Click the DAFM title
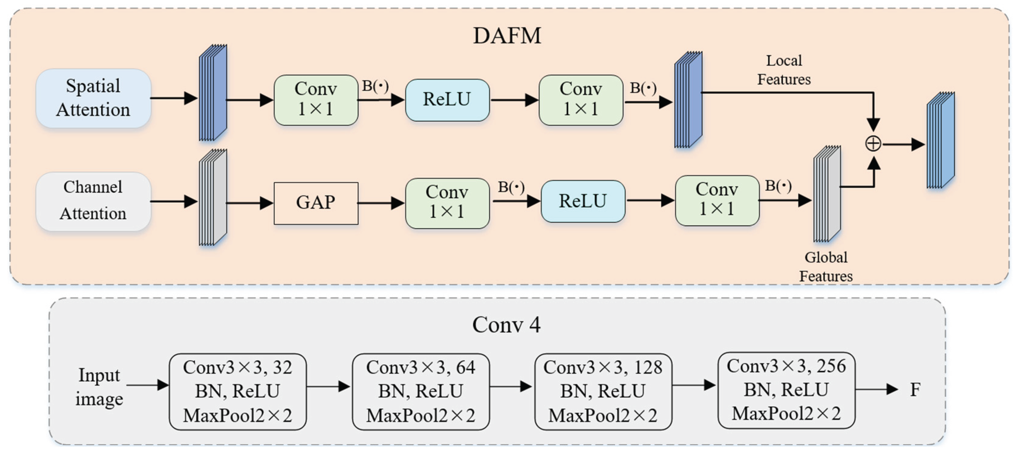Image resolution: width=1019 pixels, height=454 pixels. click(x=507, y=36)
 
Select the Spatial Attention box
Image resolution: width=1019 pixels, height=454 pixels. click(x=94, y=98)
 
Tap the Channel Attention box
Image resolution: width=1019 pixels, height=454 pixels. click(x=94, y=201)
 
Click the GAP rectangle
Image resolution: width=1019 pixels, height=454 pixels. click(x=316, y=203)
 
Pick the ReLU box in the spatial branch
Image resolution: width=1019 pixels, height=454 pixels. click(x=447, y=99)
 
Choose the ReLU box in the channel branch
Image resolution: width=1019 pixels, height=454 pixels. click(x=583, y=201)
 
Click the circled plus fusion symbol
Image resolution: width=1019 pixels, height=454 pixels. click(x=873, y=144)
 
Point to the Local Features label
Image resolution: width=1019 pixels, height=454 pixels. click(x=784, y=70)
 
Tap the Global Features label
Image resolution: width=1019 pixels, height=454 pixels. click(x=826, y=267)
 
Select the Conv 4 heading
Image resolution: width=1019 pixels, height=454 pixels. click(x=506, y=325)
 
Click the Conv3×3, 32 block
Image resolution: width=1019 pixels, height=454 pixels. click(x=237, y=391)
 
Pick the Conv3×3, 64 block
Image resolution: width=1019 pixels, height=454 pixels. click(x=421, y=391)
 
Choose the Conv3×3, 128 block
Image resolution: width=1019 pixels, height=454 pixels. click(x=603, y=391)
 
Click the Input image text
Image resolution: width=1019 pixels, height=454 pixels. click(x=99, y=386)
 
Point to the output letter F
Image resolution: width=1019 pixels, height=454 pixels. click(x=915, y=390)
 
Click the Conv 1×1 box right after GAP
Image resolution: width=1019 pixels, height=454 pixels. click(x=447, y=203)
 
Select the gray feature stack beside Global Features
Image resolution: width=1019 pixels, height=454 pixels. click(x=827, y=193)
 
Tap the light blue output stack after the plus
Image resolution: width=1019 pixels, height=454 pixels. click(x=941, y=140)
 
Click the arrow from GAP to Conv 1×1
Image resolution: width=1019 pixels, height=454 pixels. click(x=380, y=203)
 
